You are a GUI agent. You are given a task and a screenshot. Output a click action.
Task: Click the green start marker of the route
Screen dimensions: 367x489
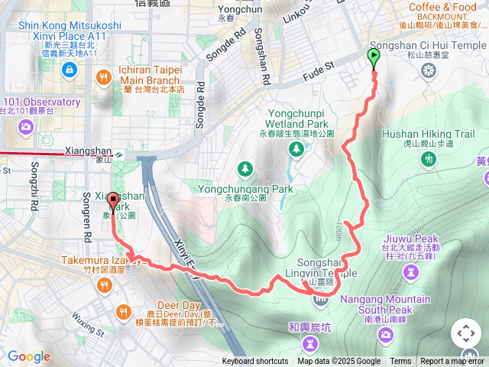tap(374, 58)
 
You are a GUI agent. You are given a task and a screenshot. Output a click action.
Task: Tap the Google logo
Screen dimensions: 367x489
tap(29, 356)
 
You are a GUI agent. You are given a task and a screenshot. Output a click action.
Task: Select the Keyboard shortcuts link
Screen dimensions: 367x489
tap(255, 362)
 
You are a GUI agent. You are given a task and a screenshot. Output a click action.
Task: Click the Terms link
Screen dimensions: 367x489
tap(400, 362)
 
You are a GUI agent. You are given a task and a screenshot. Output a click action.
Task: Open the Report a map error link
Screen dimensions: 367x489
tap(452, 362)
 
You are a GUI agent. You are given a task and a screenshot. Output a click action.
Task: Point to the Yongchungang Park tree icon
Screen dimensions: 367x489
tap(244, 167)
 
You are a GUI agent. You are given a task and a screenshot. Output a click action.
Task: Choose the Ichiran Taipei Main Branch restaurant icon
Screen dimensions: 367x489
tap(104, 78)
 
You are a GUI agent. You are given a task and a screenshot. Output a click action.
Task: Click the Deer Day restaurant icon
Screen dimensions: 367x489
tap(124, 311)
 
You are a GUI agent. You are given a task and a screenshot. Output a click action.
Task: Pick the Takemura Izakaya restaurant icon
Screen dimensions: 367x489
tap(104, 285)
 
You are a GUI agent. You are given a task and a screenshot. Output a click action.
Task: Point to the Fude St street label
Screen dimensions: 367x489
tap(320, 70)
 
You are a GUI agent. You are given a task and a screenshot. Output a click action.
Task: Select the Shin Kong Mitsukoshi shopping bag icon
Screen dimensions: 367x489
tap(70, 70)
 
